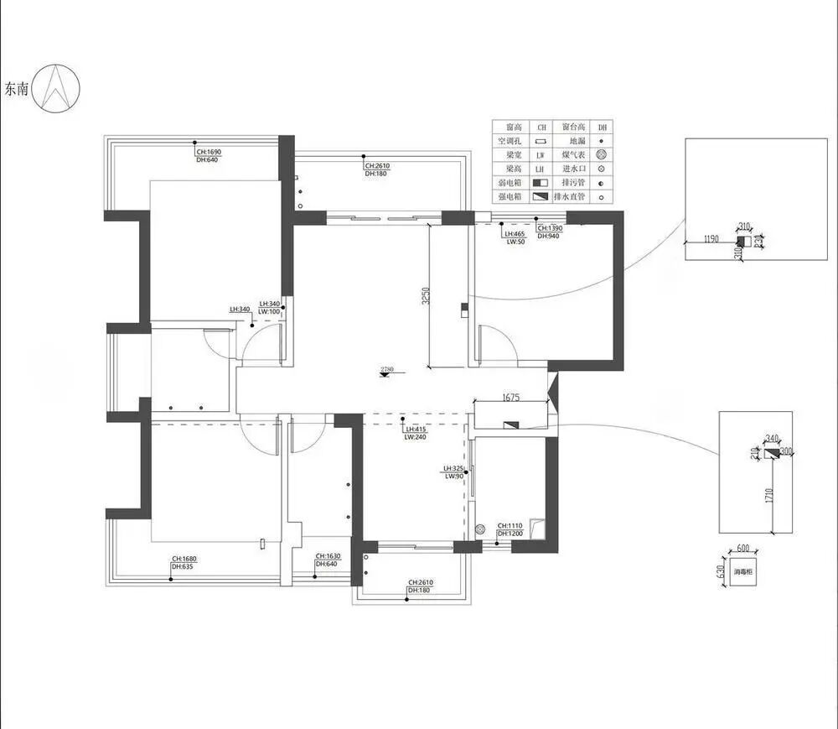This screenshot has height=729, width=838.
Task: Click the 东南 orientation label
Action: coord(17,89)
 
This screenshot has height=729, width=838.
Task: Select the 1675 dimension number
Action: coord(513,398)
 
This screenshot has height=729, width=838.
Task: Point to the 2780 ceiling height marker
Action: coord(386,369)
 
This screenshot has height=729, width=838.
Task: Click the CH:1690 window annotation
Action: coord(209,152)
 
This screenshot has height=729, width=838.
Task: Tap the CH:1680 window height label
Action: coord(186,559)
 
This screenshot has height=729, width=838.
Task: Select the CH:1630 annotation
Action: coord(328,556)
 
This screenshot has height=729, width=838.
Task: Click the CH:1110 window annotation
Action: coord(510,525)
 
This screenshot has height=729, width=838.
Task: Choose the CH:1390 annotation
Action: coord(550,228)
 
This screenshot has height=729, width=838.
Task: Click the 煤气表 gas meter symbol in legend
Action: coord(601,155)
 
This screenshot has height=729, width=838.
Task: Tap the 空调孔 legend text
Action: coord(509,141)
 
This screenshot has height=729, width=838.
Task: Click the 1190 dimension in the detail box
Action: coord(711,239)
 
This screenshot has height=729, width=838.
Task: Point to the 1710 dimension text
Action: coord(769,495)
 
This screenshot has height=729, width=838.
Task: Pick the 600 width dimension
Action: coord(742,549)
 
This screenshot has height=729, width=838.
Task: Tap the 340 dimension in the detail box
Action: coord(773,437)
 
